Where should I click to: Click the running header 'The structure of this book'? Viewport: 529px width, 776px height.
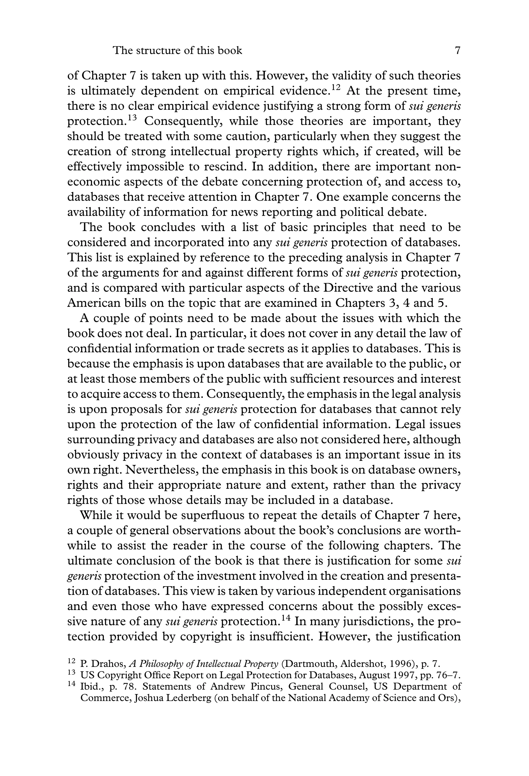tap(177, 51)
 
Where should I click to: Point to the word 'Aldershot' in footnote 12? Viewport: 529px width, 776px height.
tap(358, 664)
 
